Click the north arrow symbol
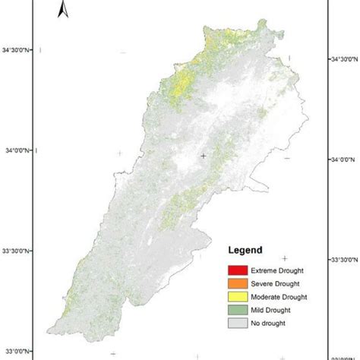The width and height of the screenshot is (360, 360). pos(65,8)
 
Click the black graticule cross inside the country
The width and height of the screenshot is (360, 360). pos(203,156)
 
